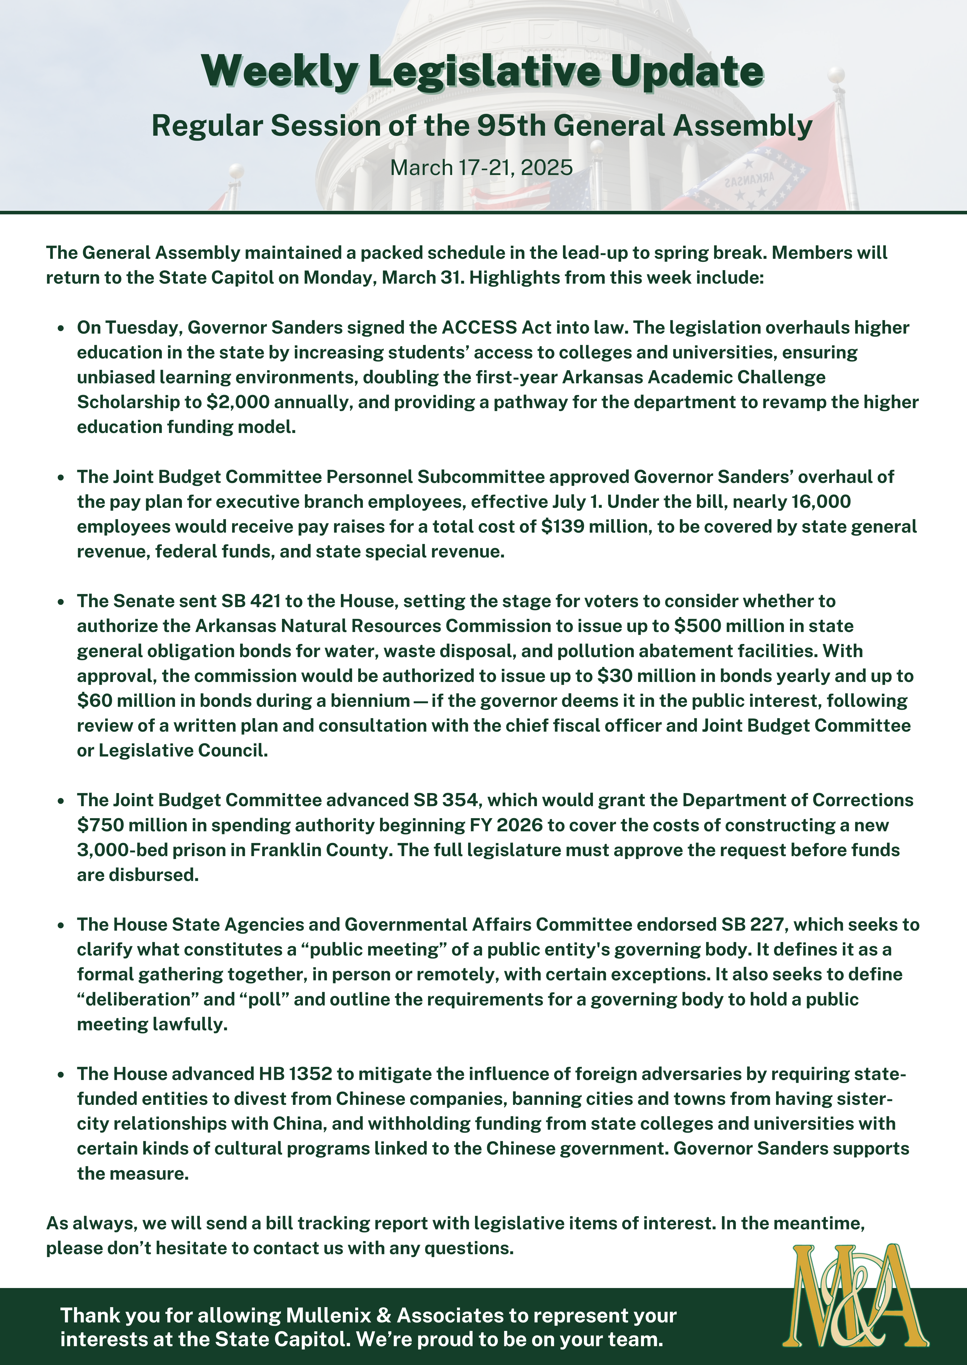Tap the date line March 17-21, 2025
click(x=481, y=168)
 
